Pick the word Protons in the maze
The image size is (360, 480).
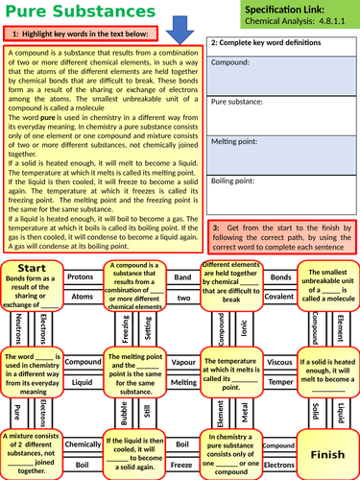80,276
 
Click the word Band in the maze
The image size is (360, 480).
182,276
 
